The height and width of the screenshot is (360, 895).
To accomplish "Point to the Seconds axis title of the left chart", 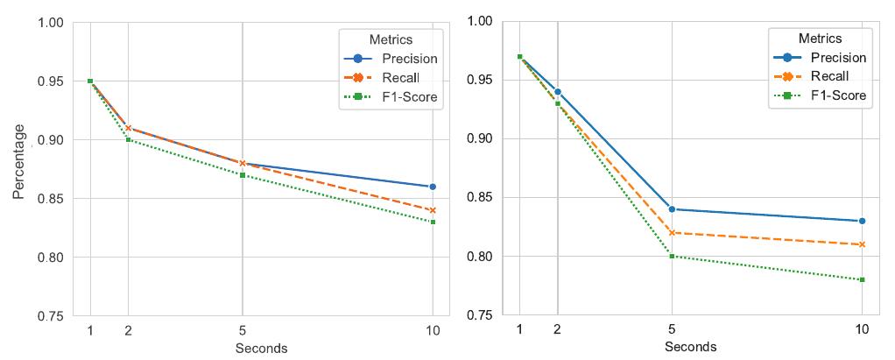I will coord(261,349).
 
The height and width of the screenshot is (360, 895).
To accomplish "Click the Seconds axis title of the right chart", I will coord(690,347).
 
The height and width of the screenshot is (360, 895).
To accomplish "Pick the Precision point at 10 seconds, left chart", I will coord(432,187).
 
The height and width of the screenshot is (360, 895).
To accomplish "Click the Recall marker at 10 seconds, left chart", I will coord(432,210).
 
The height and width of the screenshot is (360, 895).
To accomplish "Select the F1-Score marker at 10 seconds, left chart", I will coord(432,222).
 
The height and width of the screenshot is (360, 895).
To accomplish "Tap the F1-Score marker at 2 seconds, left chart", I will coord(129,140).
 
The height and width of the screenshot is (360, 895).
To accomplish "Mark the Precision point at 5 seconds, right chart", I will coord(672,209).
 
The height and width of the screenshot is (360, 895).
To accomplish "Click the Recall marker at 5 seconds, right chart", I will coord(672,233).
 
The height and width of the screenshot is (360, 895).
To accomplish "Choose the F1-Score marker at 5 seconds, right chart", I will coord(672,257).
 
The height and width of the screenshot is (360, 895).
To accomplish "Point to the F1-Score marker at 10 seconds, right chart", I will coord(862,279).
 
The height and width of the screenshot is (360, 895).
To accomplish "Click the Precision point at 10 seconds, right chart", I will coord(862,221).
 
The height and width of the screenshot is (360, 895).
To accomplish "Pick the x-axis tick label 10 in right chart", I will coord(862,329).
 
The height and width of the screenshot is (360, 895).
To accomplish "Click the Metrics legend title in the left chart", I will coord(390,39).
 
